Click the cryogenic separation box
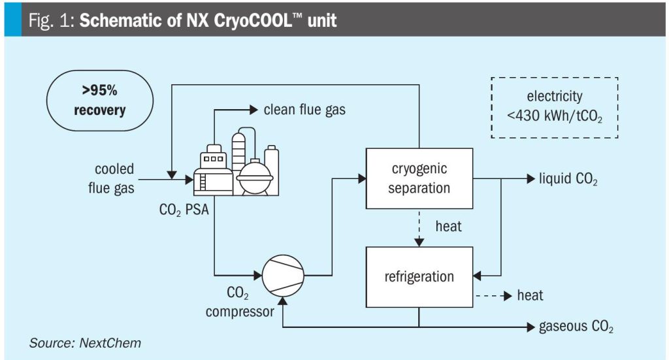419,178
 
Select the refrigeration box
419,276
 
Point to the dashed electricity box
554,106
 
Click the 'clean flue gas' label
304,110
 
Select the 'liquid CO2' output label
568,179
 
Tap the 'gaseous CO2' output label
576,326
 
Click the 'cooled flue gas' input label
111,179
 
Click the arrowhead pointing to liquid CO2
530,178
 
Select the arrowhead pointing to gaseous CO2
530,325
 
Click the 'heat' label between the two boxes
448,226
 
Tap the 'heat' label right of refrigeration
530,296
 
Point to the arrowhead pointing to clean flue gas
255,110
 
